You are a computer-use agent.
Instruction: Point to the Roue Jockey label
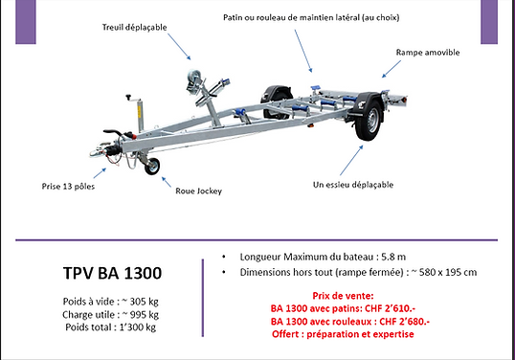200,191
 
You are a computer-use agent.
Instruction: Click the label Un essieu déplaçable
353,183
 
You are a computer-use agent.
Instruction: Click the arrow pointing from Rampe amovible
389,67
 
